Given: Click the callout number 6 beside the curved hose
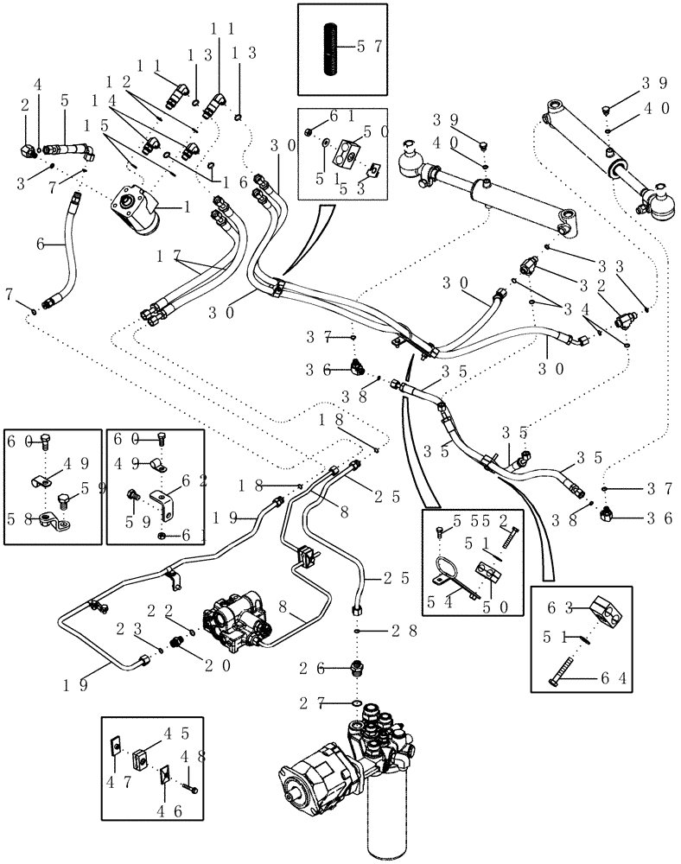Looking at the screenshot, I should pyautogui.click(x=40, y=245).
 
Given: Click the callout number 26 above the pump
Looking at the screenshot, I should pyautogui.click(x=329, y=668).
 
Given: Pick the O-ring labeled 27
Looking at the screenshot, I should pyautogui.click(x=357, y=703).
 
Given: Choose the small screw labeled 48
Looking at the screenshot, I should pyautogui.click(x=191, y=787).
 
